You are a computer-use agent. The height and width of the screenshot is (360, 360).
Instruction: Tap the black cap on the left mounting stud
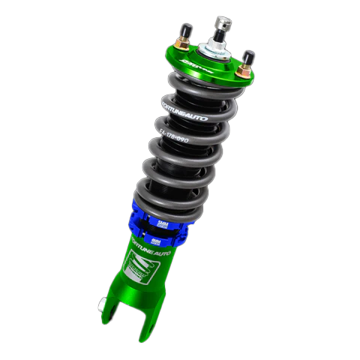(182, 32)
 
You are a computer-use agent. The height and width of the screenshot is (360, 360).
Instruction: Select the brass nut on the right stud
(244, 70)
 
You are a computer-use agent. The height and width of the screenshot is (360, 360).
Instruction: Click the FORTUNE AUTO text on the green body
(154, 249)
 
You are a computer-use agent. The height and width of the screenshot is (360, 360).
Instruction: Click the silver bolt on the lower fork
(102, 304)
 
